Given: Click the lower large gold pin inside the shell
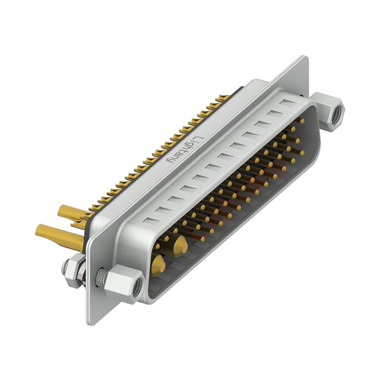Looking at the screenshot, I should click(159, 263).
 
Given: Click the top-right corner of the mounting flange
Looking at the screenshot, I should click(305, 58).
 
